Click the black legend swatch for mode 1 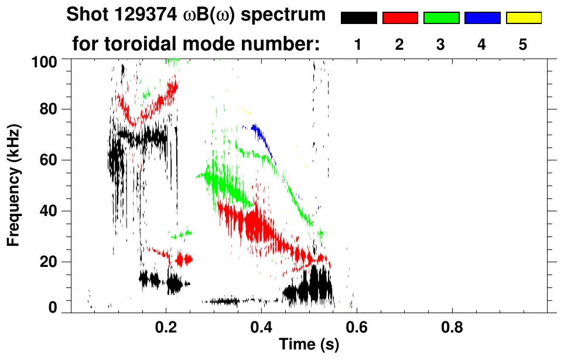coord(358,18)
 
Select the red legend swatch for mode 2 coord(400,18)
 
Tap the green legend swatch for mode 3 coord(441,18)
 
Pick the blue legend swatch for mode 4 coord(482,18)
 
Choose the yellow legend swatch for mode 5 coord(524,18)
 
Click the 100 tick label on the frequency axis coord(45,61)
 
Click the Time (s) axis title coord(308,345)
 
